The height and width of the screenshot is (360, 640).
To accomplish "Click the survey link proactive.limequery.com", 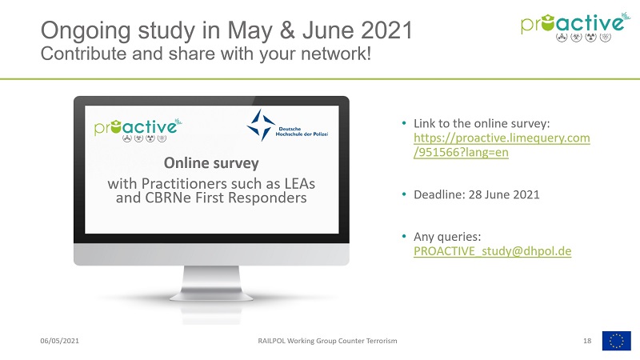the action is pyautogui.click(x=502, y=145).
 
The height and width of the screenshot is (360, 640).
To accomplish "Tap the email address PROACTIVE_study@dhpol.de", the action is pyautogui.click(x=492, y=251).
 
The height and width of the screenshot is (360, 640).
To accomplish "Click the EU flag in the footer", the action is pyautogui.click(x=616, y=341).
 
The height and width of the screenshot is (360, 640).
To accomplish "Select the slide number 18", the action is pyautogui.click(x=587, y=341).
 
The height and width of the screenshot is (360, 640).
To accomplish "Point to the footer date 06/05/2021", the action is pyautogui.click(x=59, y=341).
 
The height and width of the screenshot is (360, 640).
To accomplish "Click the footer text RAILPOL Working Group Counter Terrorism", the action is pyautogui.click(x=327, y=341).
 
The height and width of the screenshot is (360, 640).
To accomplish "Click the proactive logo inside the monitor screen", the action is pyautogui.click(x=138, y=129).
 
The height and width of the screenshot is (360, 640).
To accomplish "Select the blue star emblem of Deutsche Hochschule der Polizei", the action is pyautogui.click(x=261, y=125).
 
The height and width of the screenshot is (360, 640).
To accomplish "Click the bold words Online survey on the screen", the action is pyautogui.click(x=211, y=163).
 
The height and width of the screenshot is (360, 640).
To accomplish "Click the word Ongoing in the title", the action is pyautogui.click(x=86, y=31).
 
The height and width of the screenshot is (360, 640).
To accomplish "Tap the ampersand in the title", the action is pyautogui.click(x=288, y=30).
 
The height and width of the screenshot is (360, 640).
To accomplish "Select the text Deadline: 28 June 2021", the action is pyautogui.click(x=476, y=194).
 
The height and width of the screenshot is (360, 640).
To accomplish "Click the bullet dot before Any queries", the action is pyautogui.click(x=404, y=236).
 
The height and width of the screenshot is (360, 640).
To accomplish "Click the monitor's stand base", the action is pyautogui.click(x=211, y=297).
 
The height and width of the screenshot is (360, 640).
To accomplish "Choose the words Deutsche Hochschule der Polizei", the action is pyautogui.click(x=302, y=131).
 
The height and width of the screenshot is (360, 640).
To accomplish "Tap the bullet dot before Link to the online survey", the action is pyautogui.click(x=404, y=123).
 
